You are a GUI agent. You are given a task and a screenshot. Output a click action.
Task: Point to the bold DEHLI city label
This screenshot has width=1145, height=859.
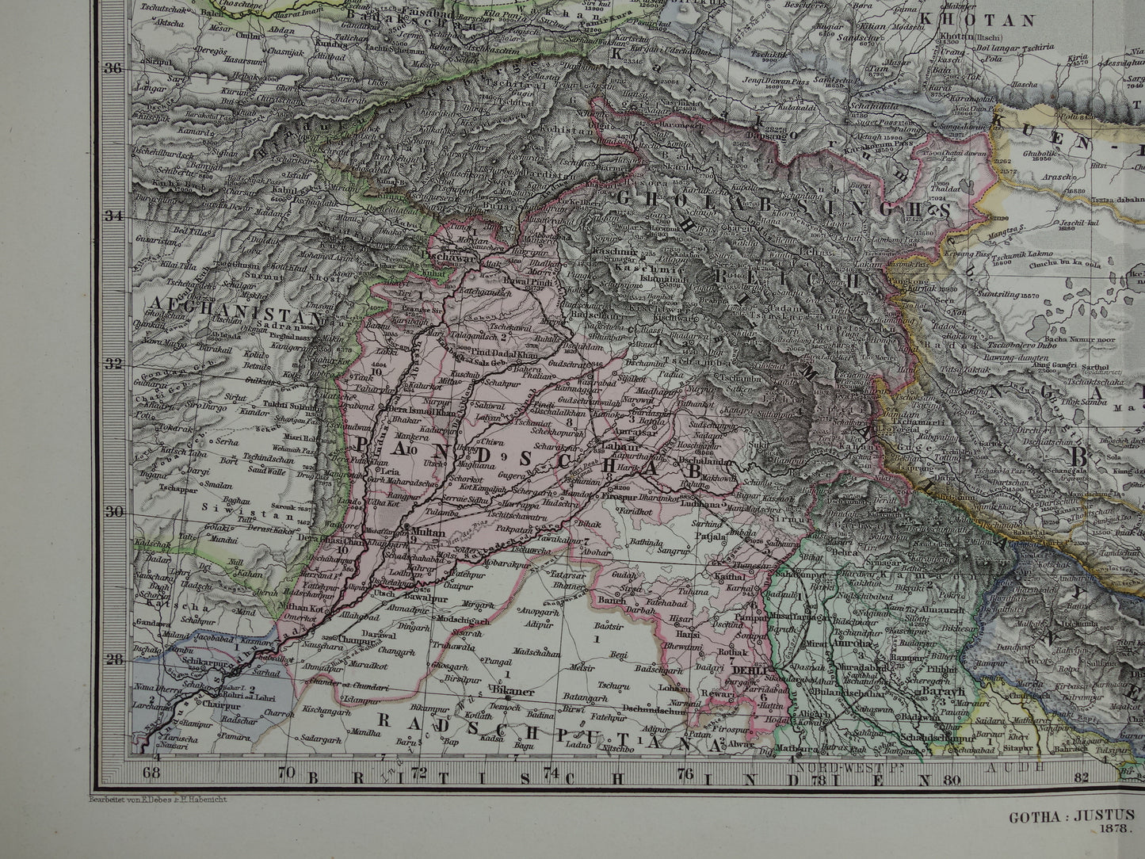[749, 670]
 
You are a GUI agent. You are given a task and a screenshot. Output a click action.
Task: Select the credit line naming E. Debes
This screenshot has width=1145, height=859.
[154, 800]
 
